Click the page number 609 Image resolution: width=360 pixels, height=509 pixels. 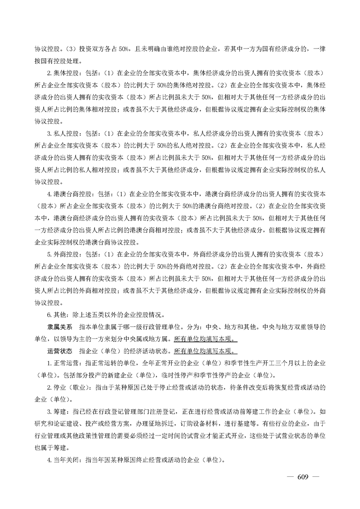click(302, 477)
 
